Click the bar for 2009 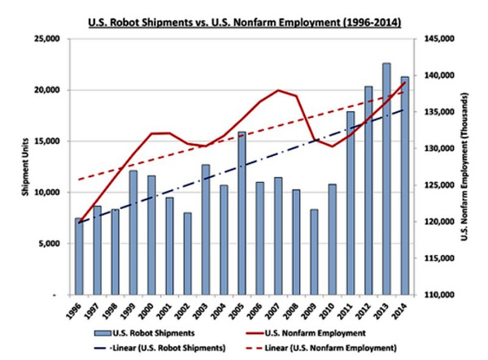click(x=315, y=251)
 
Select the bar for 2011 click(x=351, y=202)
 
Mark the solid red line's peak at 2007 click(x=278, y=90)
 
